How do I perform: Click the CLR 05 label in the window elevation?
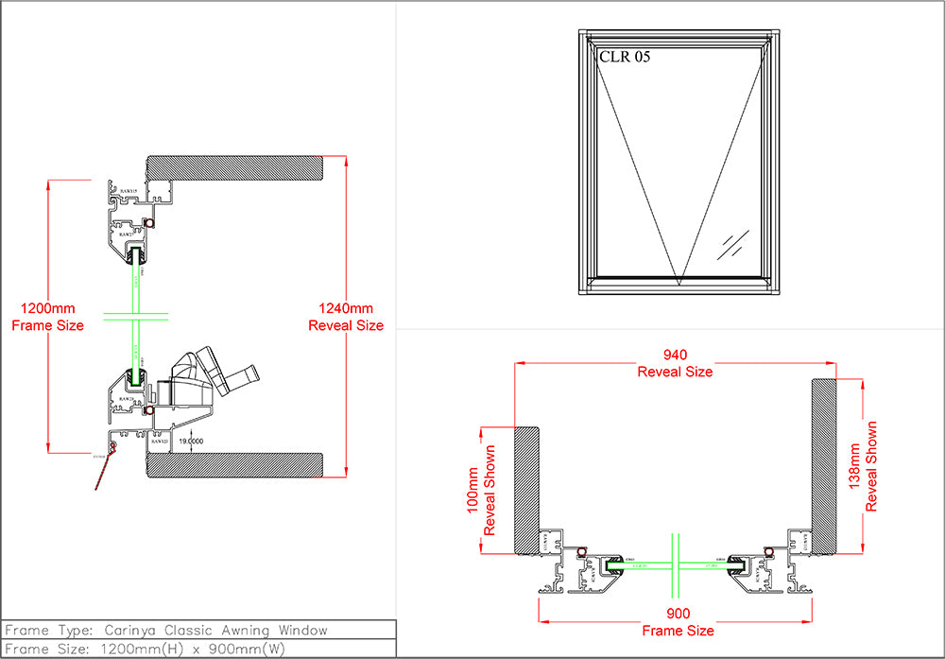(x=625, y=57)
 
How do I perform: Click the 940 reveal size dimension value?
(x=675, y=355)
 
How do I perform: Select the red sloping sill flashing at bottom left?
(x=104, y=471)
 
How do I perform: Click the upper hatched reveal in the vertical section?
(x=236, y=166)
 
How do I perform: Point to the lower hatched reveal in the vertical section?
(x=236, y=464)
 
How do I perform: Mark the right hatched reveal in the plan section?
(x=823, y=465)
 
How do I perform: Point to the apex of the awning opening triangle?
(x=679, y=282)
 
